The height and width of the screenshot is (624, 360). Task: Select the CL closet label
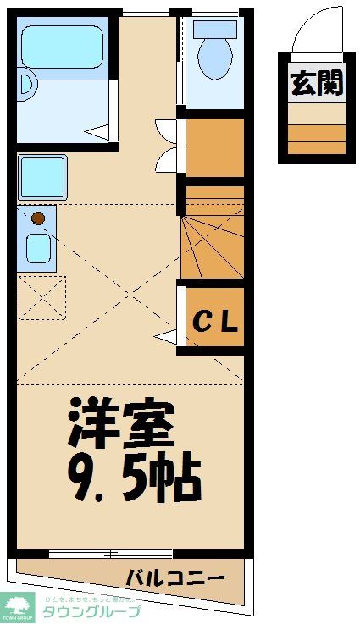pos(217,321)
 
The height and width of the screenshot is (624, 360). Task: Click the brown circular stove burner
pos(37,218)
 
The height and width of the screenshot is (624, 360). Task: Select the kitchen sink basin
pos(37,248)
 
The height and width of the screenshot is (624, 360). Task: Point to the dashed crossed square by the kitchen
pos(42,297)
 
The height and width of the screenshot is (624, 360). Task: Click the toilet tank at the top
pos(213,28)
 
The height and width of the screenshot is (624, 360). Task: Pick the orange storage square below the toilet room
pos(214,147)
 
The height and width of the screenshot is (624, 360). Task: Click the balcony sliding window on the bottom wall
pos(111,555)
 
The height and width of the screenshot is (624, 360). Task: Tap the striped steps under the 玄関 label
pos(316,135)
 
